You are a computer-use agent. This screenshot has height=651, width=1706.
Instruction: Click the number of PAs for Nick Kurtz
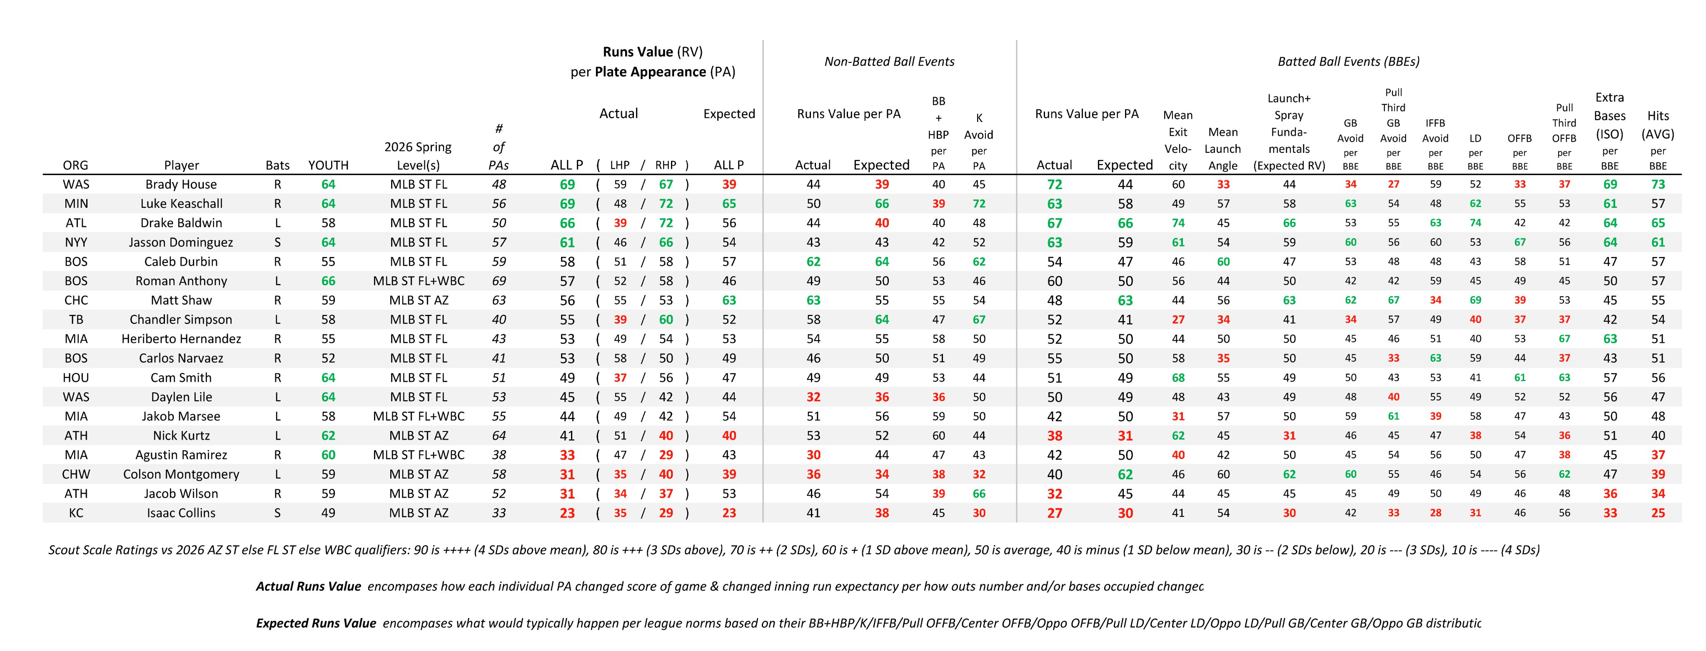pos(499,436)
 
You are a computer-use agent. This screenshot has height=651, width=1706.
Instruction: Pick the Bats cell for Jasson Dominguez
pos(277,242)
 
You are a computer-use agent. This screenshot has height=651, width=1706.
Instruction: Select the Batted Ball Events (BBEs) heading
pos(1348,62)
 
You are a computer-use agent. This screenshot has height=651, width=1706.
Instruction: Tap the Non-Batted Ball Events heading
pos(889,62)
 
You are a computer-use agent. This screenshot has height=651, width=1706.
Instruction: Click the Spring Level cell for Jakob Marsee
pos(419,417)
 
